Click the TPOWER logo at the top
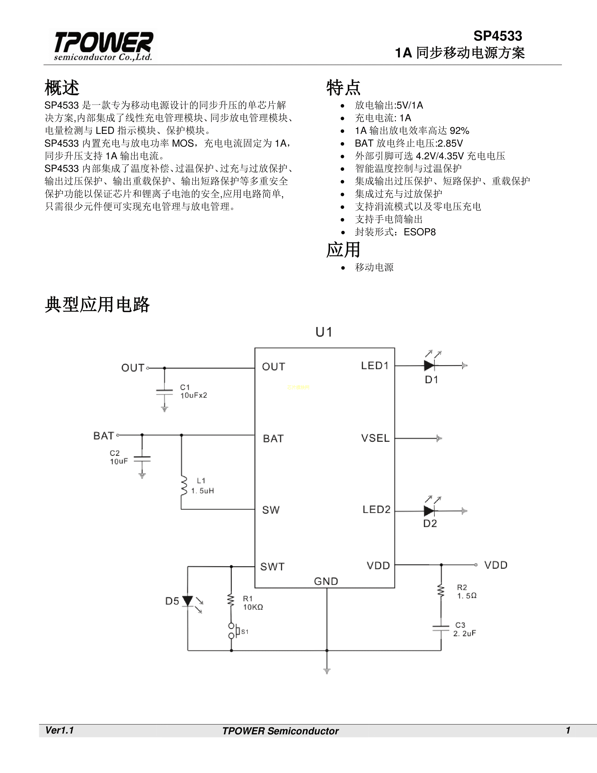point(103,46)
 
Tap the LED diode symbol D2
point(429,511)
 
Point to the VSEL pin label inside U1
point(375,438)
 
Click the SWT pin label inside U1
point(272,567)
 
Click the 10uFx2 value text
point(193,395)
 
